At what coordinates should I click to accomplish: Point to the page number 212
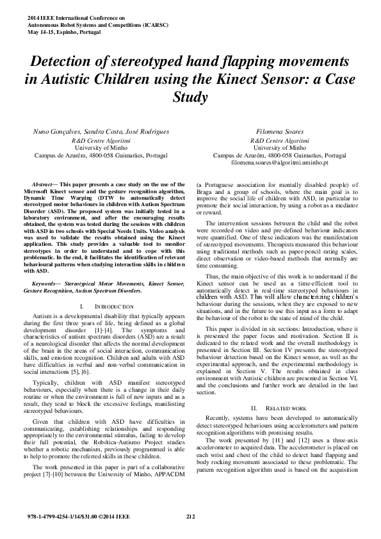(x=190, y=516)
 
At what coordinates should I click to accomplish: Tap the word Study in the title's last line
(x=190, y=99)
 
